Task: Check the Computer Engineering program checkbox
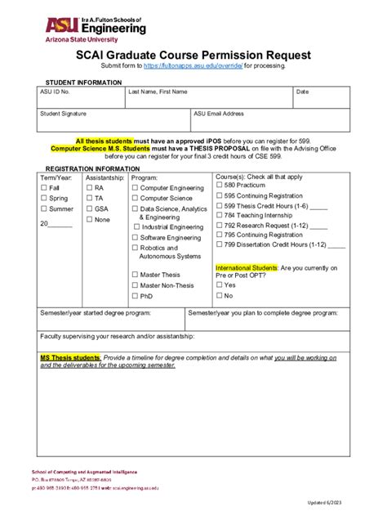pos(135,188)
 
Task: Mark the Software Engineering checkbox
pos(135,237)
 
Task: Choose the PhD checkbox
pos(135,297)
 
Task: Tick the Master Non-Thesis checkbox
pos(135,286)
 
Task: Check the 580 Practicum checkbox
pos(219,186)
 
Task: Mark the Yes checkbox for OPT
pos(219,285)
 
